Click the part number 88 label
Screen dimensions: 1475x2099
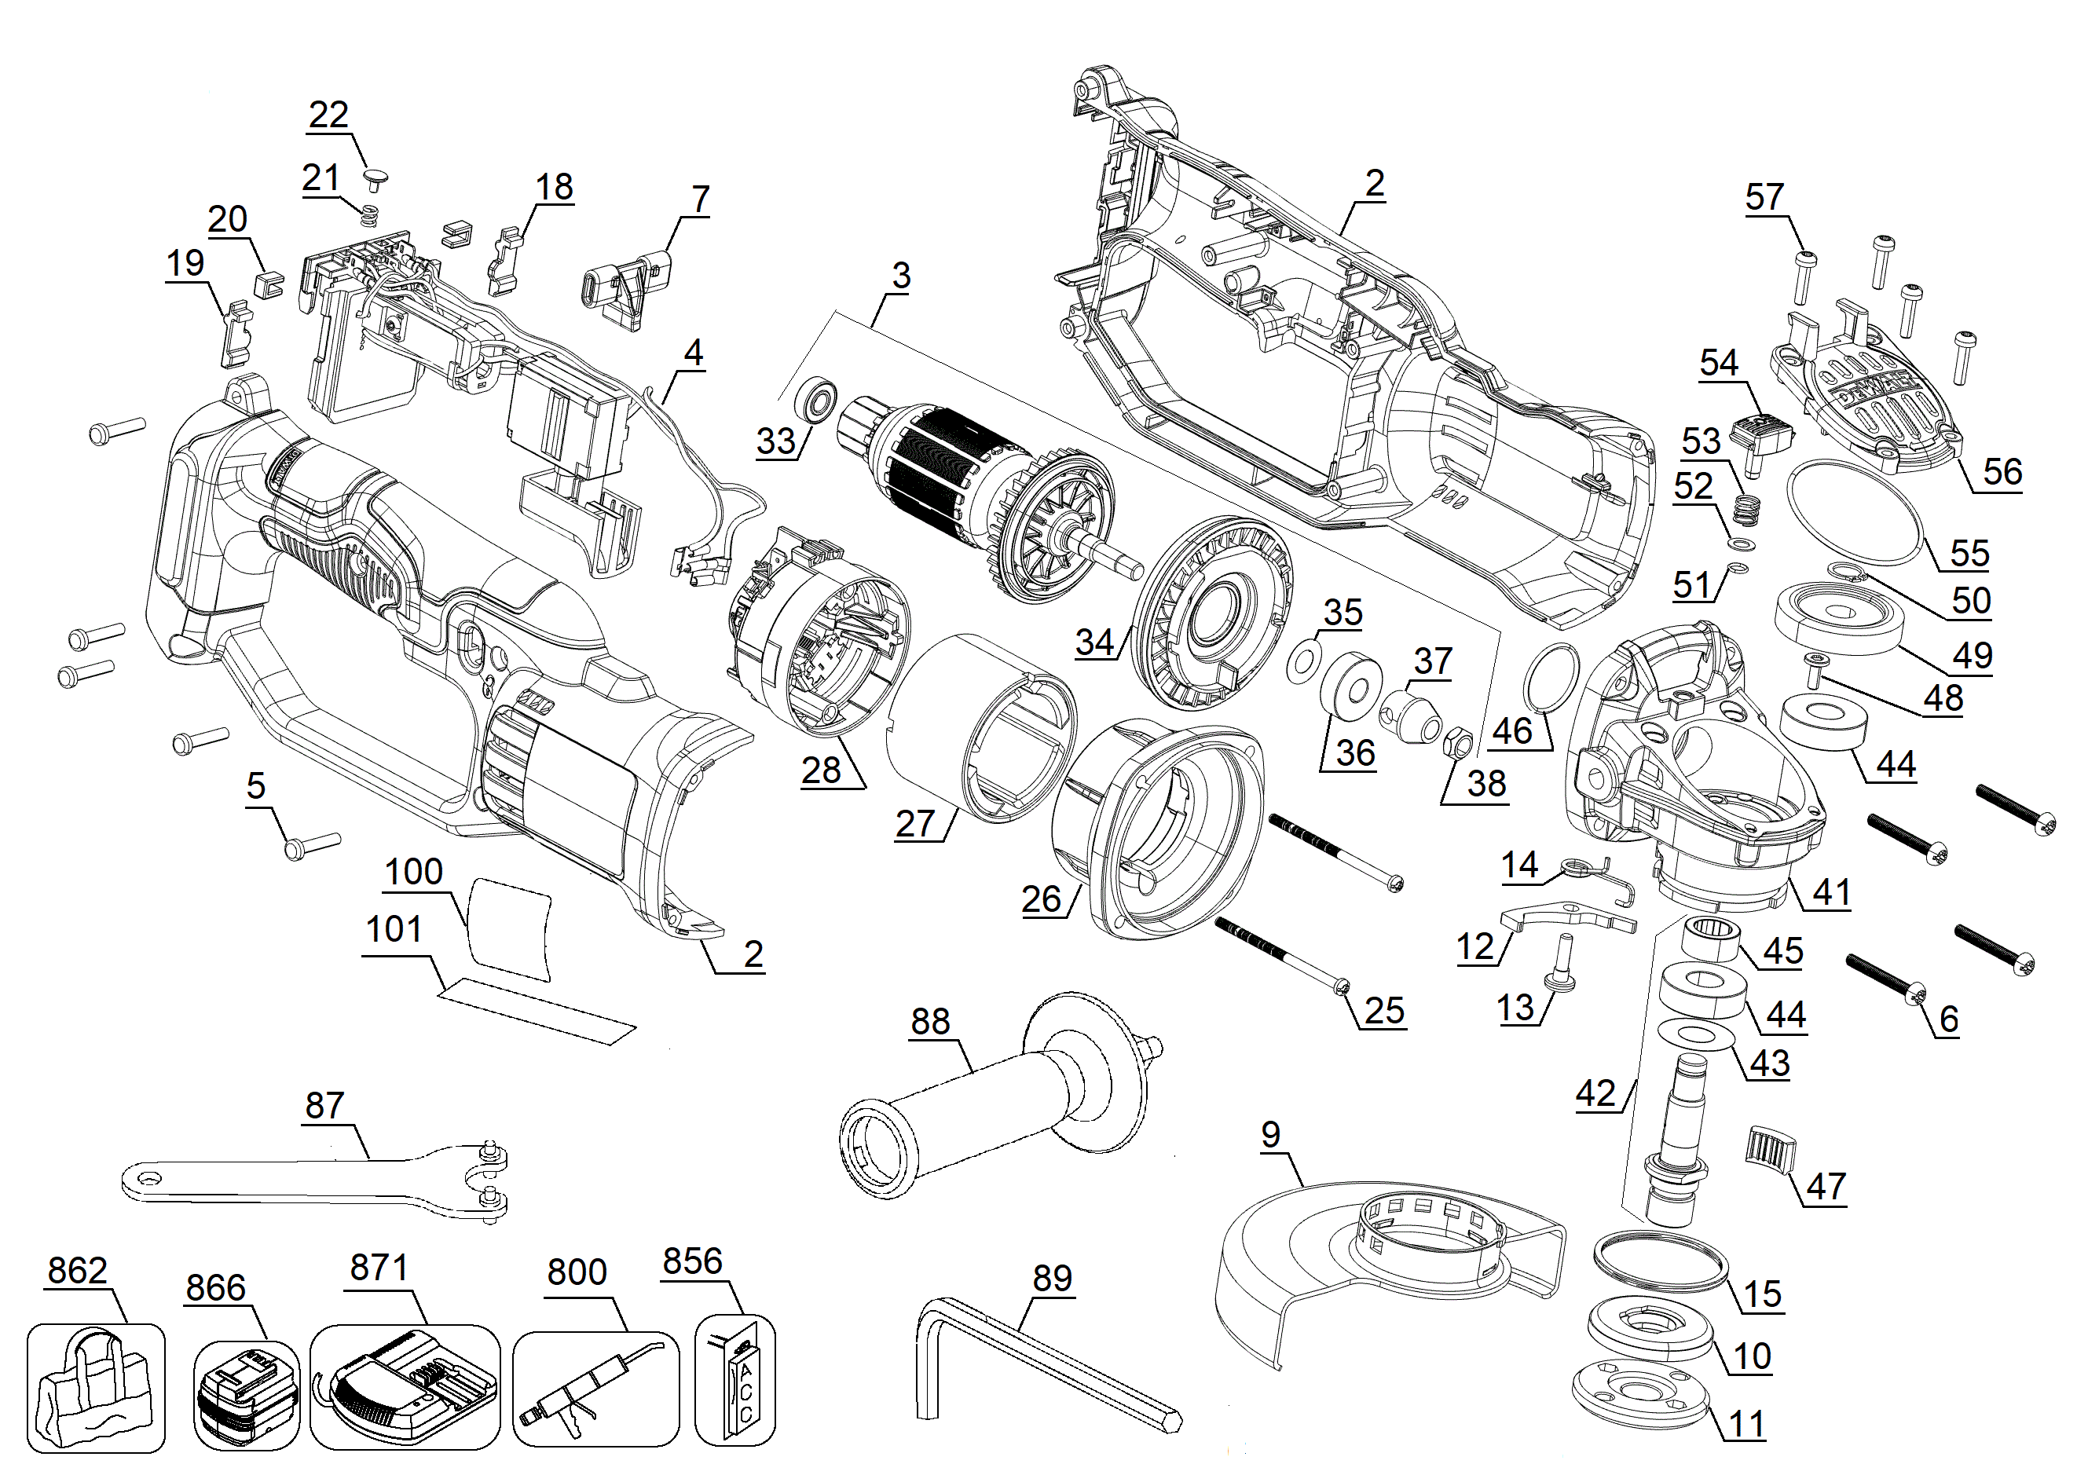930,1022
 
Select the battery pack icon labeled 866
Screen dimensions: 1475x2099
245,1393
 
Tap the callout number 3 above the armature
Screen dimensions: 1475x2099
900,275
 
